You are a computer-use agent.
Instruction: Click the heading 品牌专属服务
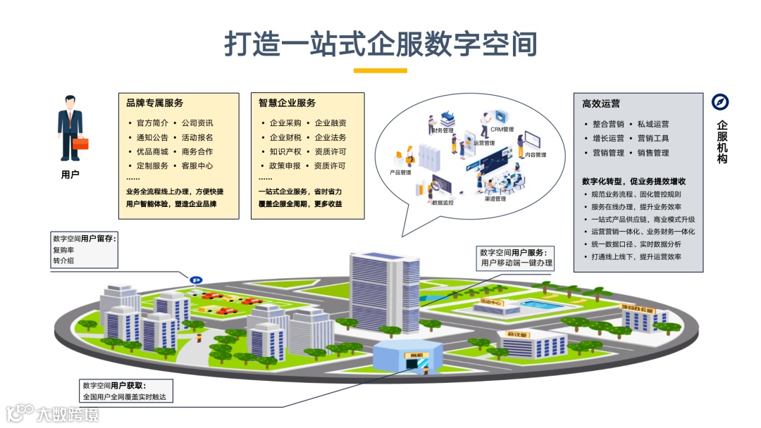pyautogui.click(x=154, y=103)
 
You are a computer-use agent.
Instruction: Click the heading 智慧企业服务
pyautogui.click(x=287, y=103)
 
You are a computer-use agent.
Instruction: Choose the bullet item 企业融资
pyautogui.click(x=330, y=123)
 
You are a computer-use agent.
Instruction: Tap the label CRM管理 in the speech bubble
pyautogui.click(x=502, y=130)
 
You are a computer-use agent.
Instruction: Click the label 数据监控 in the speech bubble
pyautogui.click(x=443, y=202)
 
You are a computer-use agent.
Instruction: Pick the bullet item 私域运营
pyautogui.click(x=653, y=124)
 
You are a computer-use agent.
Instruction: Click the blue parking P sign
pyautogui.click(x=194, y=279)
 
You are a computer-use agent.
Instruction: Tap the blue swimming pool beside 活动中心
pyautogui.click(x=539, y=306)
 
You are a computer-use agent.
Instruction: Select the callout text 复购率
pyautogui.click(x=63, y=250)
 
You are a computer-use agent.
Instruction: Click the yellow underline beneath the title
pyautogui.click(x=380, y=70)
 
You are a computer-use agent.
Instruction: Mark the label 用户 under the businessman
pyautogui.click(x=70, y=175)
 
